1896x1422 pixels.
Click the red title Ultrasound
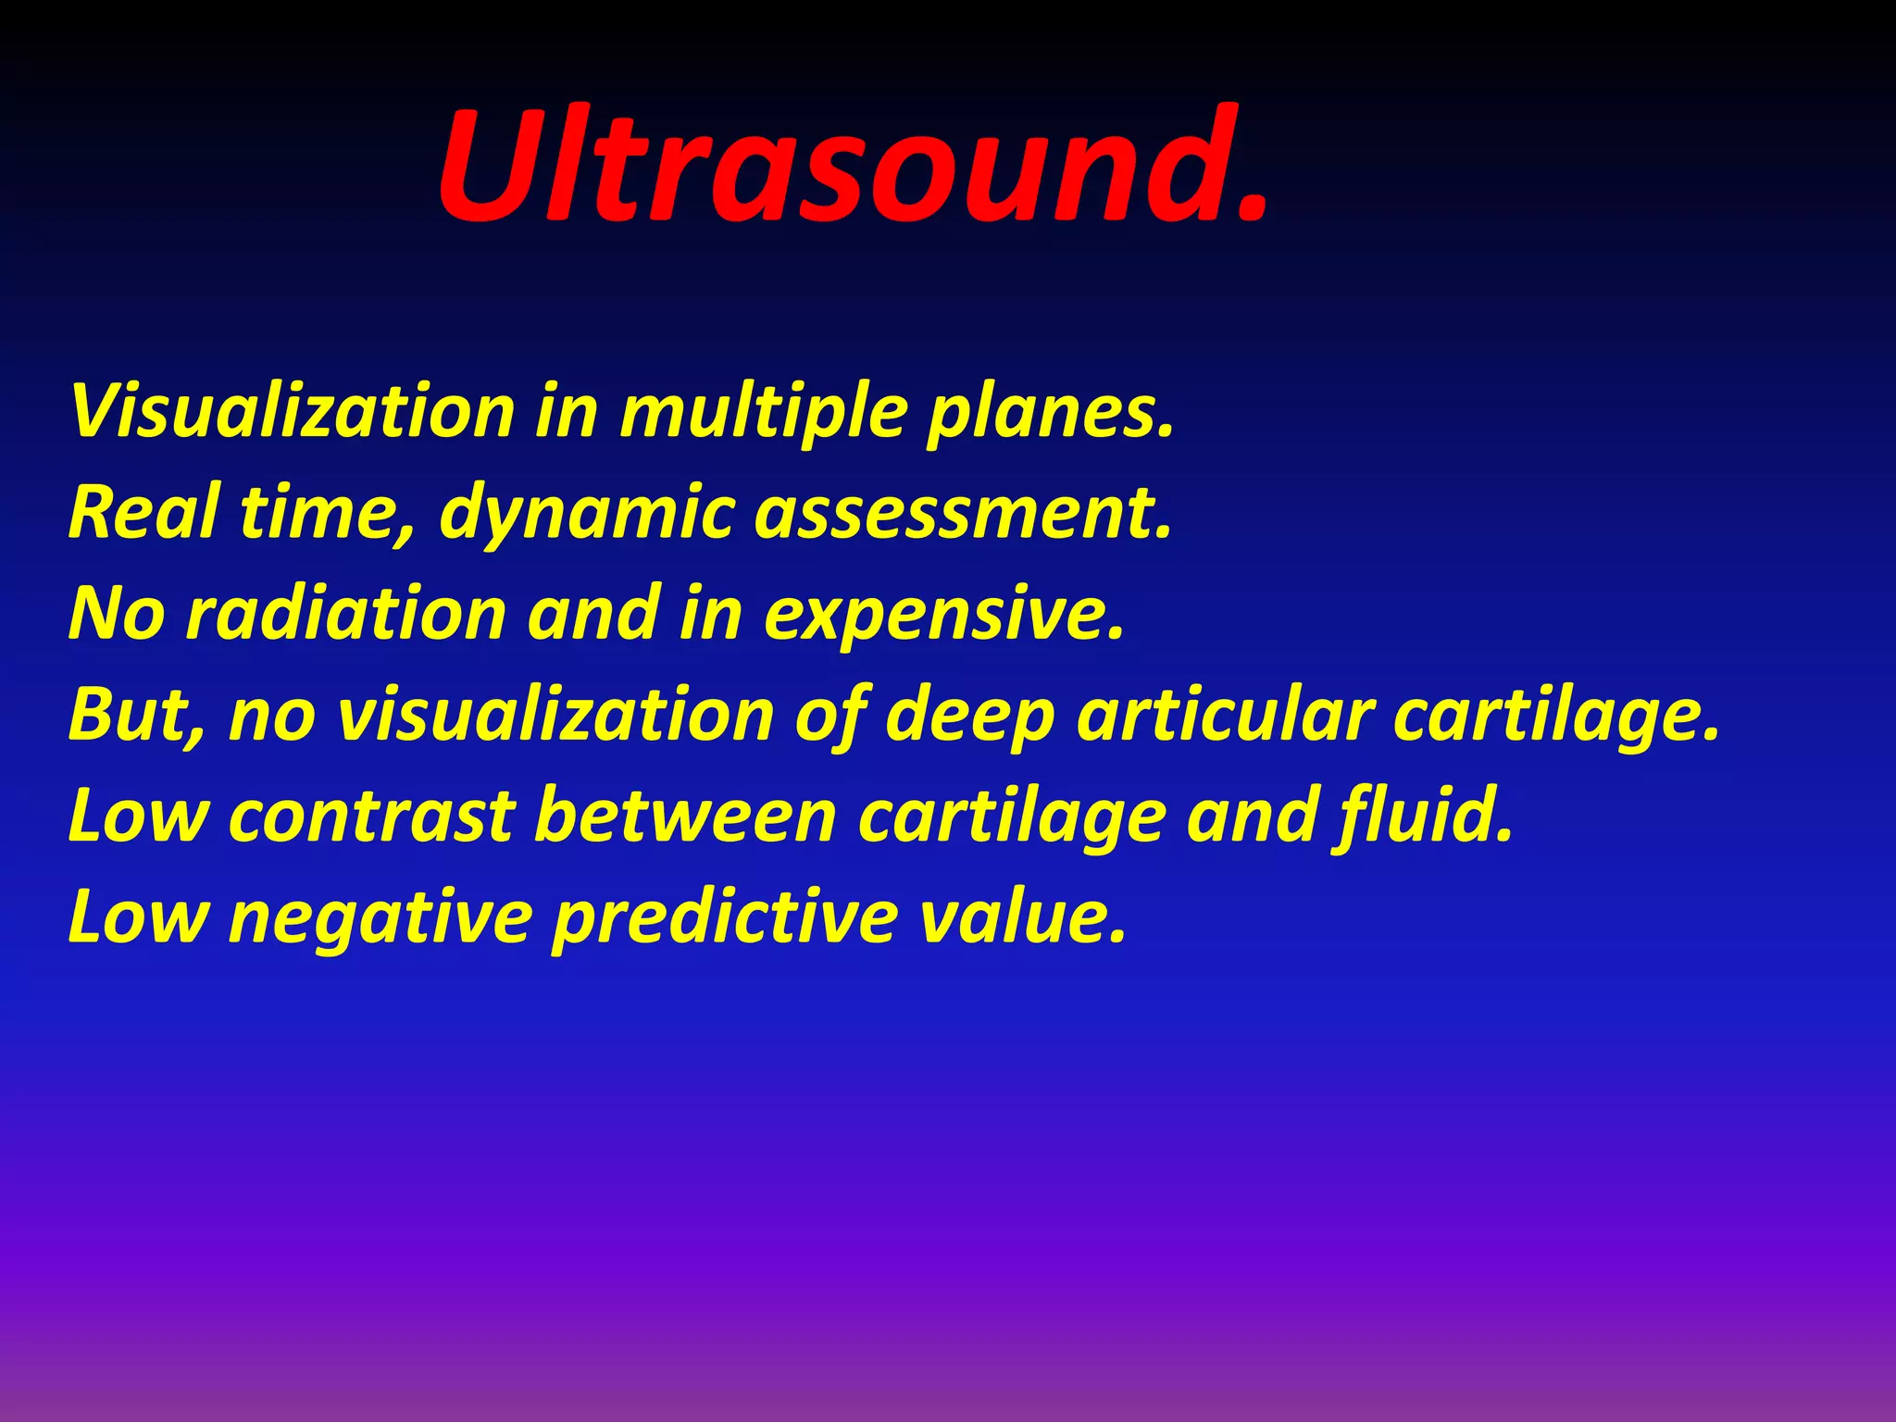click(852, 167)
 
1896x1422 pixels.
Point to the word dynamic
click(588, 514)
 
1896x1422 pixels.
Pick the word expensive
click(944, 616)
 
